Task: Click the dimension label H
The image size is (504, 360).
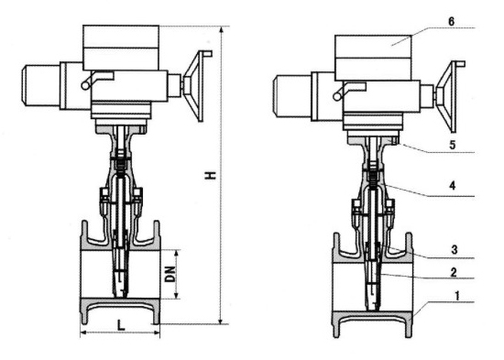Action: point(211,175)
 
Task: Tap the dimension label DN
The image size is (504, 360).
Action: point(170,274)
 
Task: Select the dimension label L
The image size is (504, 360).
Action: point(121,325)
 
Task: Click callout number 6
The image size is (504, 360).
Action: point(451,22)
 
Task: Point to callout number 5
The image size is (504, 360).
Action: point(453,145)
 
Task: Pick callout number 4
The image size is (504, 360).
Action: point(453,185)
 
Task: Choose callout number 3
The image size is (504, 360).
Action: point(454,249)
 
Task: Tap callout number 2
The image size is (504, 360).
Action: point(454,273)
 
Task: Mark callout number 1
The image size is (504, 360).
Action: point(457,296)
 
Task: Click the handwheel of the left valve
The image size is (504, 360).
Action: point(197,86)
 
